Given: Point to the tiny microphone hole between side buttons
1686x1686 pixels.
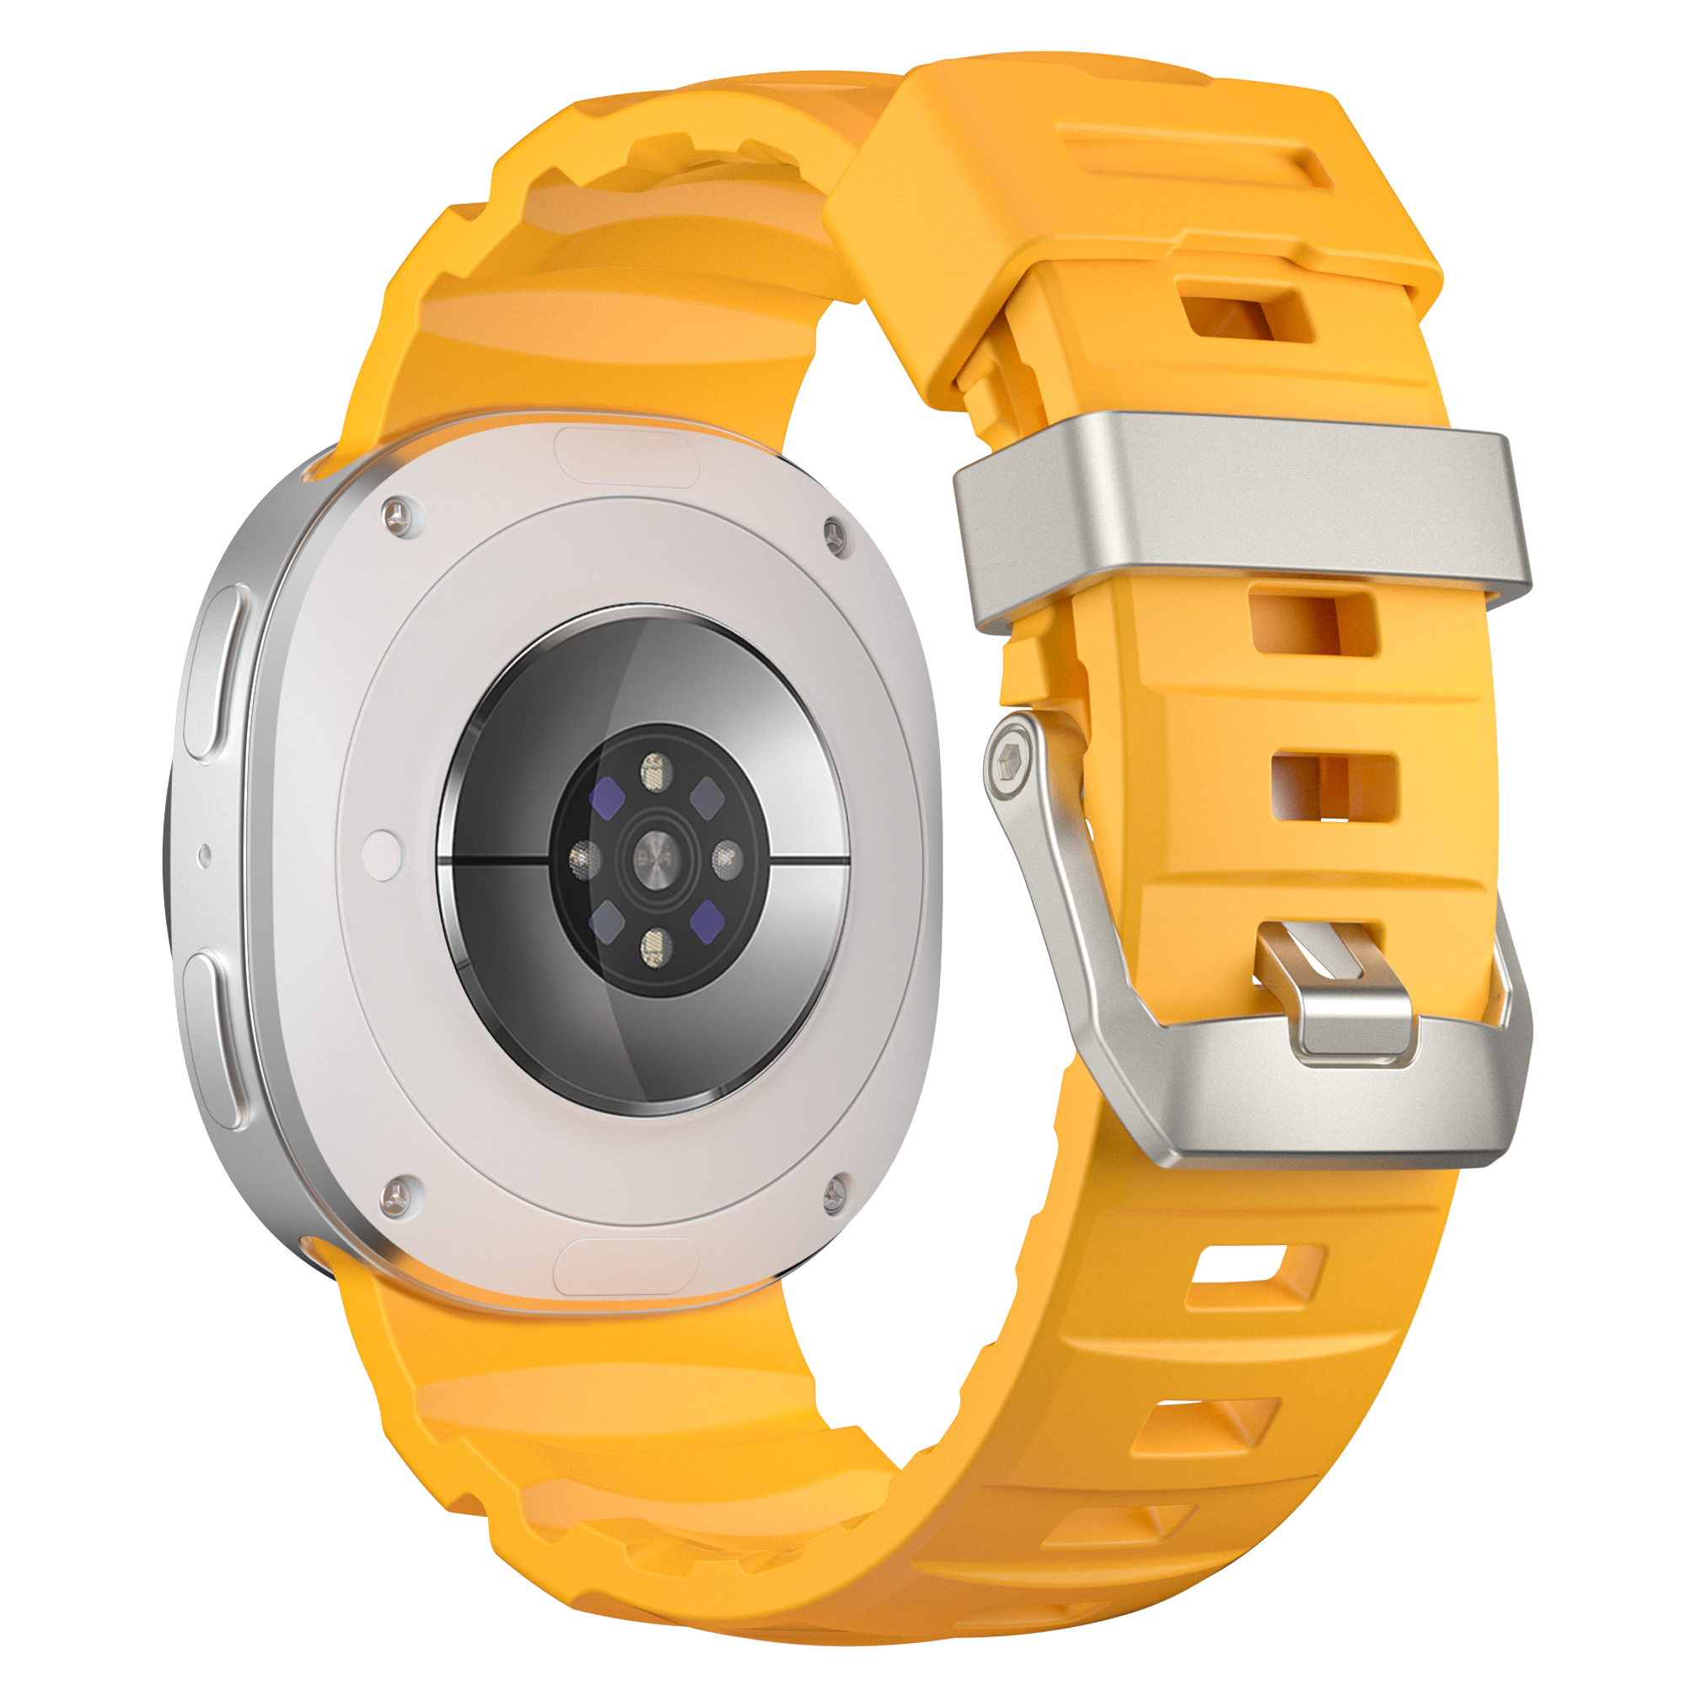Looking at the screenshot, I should point(204,855).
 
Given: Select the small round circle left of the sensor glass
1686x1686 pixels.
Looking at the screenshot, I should point(381,852).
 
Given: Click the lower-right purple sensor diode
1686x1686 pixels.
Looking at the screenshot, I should point(708,922).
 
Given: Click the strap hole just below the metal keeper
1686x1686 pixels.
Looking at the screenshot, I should point(1313,622).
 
